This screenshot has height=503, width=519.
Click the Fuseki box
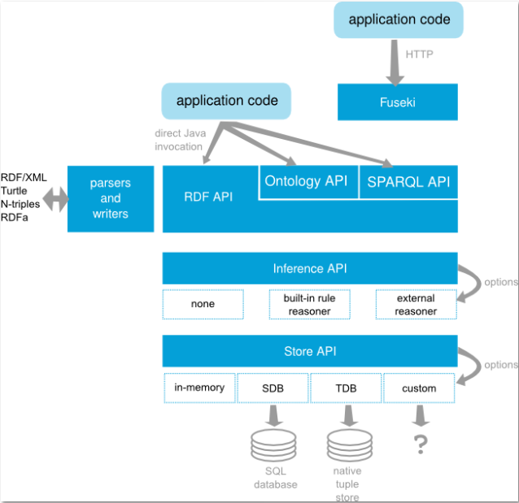(398, 102)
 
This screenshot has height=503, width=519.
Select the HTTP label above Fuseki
(419, 54)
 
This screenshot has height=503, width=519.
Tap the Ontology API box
(306, 182)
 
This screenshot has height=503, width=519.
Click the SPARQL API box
(408, 182)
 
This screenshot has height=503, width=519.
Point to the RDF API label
(208, 196)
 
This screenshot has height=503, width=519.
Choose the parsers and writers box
(110, 198)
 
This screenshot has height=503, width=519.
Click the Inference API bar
(309, 268)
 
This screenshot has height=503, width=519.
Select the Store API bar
(309, 351)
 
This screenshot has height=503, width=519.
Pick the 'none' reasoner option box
(203, 304)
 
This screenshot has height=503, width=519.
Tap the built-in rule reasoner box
(309, 304)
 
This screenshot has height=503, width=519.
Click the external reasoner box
(416, 304)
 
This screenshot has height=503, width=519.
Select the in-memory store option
(199, 388)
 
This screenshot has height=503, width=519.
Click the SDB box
(273, 388)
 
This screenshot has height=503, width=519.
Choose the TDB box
(346, 388)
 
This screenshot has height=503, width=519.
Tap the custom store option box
(419, 388)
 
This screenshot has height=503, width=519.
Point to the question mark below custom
(420, 444)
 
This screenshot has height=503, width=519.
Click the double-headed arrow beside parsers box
(56, 199)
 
